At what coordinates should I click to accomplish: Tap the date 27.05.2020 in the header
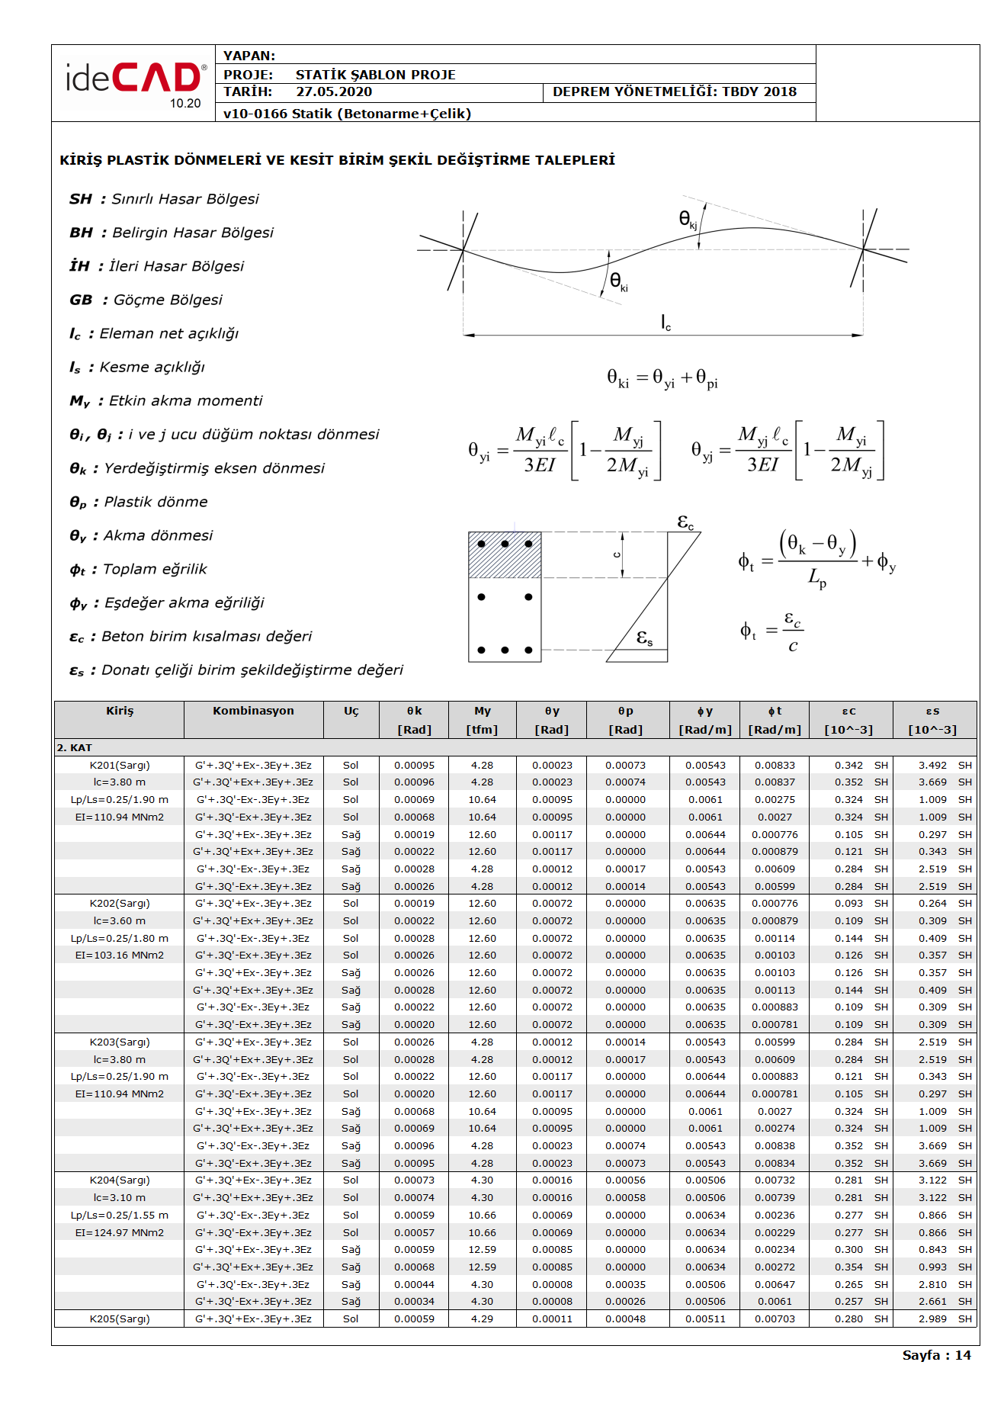[334, 92]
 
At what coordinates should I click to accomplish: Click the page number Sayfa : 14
[936, 1355]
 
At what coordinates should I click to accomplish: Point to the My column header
[482, 711]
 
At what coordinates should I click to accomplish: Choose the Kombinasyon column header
[253, 711]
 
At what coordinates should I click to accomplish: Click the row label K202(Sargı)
[120, 904]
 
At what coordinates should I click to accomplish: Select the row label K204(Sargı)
[120, 1180]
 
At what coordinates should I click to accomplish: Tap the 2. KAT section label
[74, 748]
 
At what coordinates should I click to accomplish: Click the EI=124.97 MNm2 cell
[120, 1233]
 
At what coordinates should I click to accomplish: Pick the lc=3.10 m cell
[120, 1198]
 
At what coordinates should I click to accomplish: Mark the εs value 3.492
[932, 766]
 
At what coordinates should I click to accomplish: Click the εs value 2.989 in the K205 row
[932, 1319]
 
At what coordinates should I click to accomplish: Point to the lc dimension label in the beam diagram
[666, 323]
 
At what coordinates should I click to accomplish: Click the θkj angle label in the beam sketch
[688, 220]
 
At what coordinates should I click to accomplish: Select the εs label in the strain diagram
[645, 638]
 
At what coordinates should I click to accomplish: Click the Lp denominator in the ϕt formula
[816, 579]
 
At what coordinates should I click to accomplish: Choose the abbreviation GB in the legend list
[81, 300]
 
